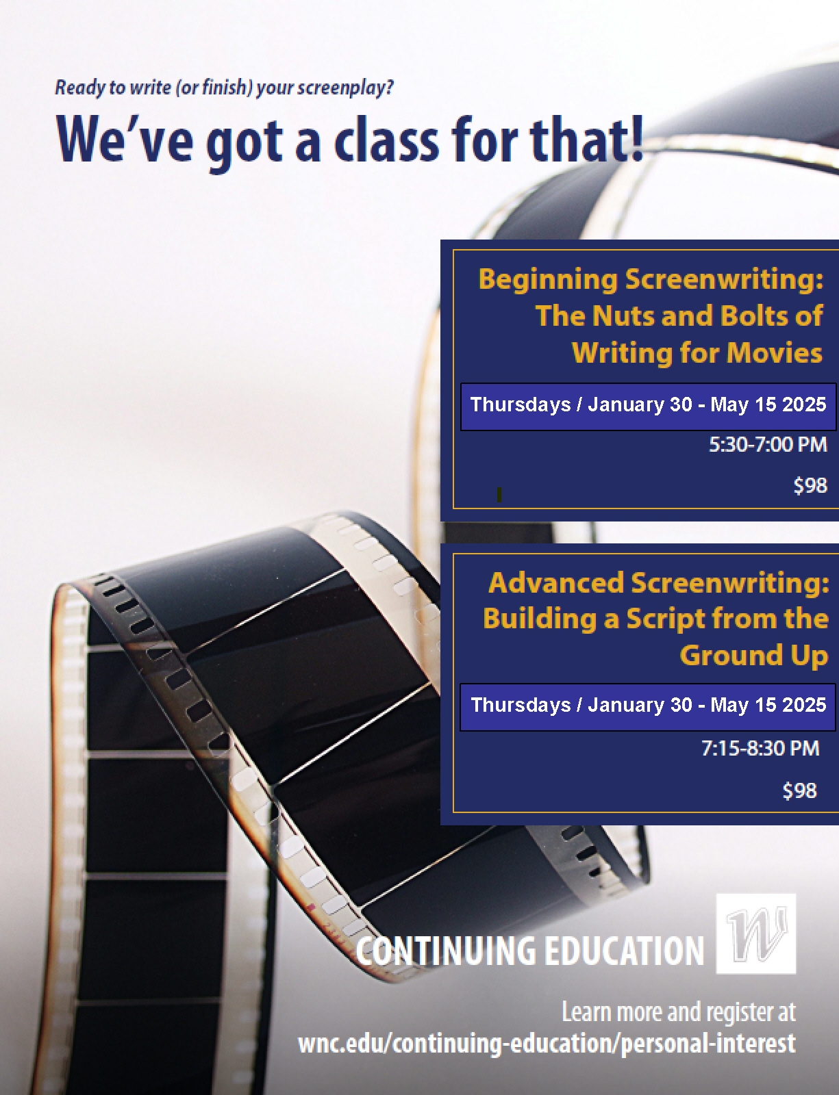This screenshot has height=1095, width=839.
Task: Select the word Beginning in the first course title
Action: point(548,280)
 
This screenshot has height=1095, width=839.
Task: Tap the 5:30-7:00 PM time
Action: point(767,444)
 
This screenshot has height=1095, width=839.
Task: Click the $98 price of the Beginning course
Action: point(810,485)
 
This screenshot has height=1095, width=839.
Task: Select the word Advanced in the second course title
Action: point(556,582)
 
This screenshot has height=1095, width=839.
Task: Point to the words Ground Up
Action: point(754,656)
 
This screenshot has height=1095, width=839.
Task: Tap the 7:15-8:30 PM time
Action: point(760,748)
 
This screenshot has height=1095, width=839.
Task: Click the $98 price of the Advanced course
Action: point(800,790)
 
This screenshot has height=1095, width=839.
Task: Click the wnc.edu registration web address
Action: point(547,1044)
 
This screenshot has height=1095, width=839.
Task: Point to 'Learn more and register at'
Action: point(679,1012)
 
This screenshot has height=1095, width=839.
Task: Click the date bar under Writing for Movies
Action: point(648,406)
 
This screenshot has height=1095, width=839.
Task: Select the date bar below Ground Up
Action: point(647,707)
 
